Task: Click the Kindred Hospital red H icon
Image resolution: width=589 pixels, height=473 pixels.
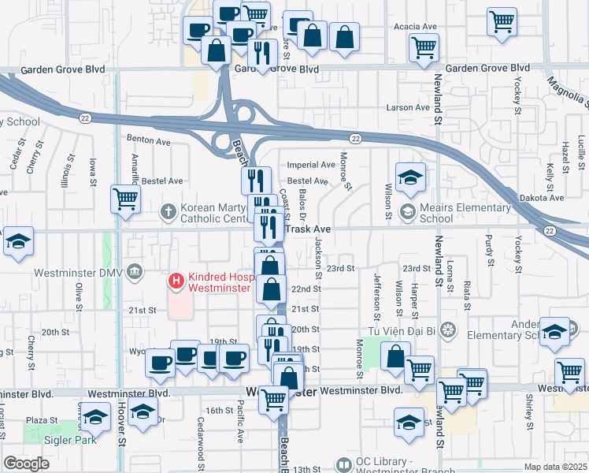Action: click(x=177, y=280)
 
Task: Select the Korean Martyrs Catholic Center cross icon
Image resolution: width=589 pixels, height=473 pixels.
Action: click(x=168, y=210)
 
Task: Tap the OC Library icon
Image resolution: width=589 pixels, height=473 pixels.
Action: click(x=343, y=465)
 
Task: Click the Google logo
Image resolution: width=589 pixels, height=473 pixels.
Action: click(x=25, y=464)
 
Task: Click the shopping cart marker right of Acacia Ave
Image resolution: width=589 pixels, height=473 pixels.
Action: click(x=502, y=22)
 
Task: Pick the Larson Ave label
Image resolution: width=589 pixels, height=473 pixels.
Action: click(x=407, y=107)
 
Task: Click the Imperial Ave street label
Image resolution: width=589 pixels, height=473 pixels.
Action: click(x=311, y=166)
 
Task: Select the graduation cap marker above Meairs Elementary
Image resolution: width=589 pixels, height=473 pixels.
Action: click(x=410, y=179)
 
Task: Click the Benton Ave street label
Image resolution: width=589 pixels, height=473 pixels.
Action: click(x=148, y=142)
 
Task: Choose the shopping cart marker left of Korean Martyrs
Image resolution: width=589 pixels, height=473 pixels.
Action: click(x=125, y=199)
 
